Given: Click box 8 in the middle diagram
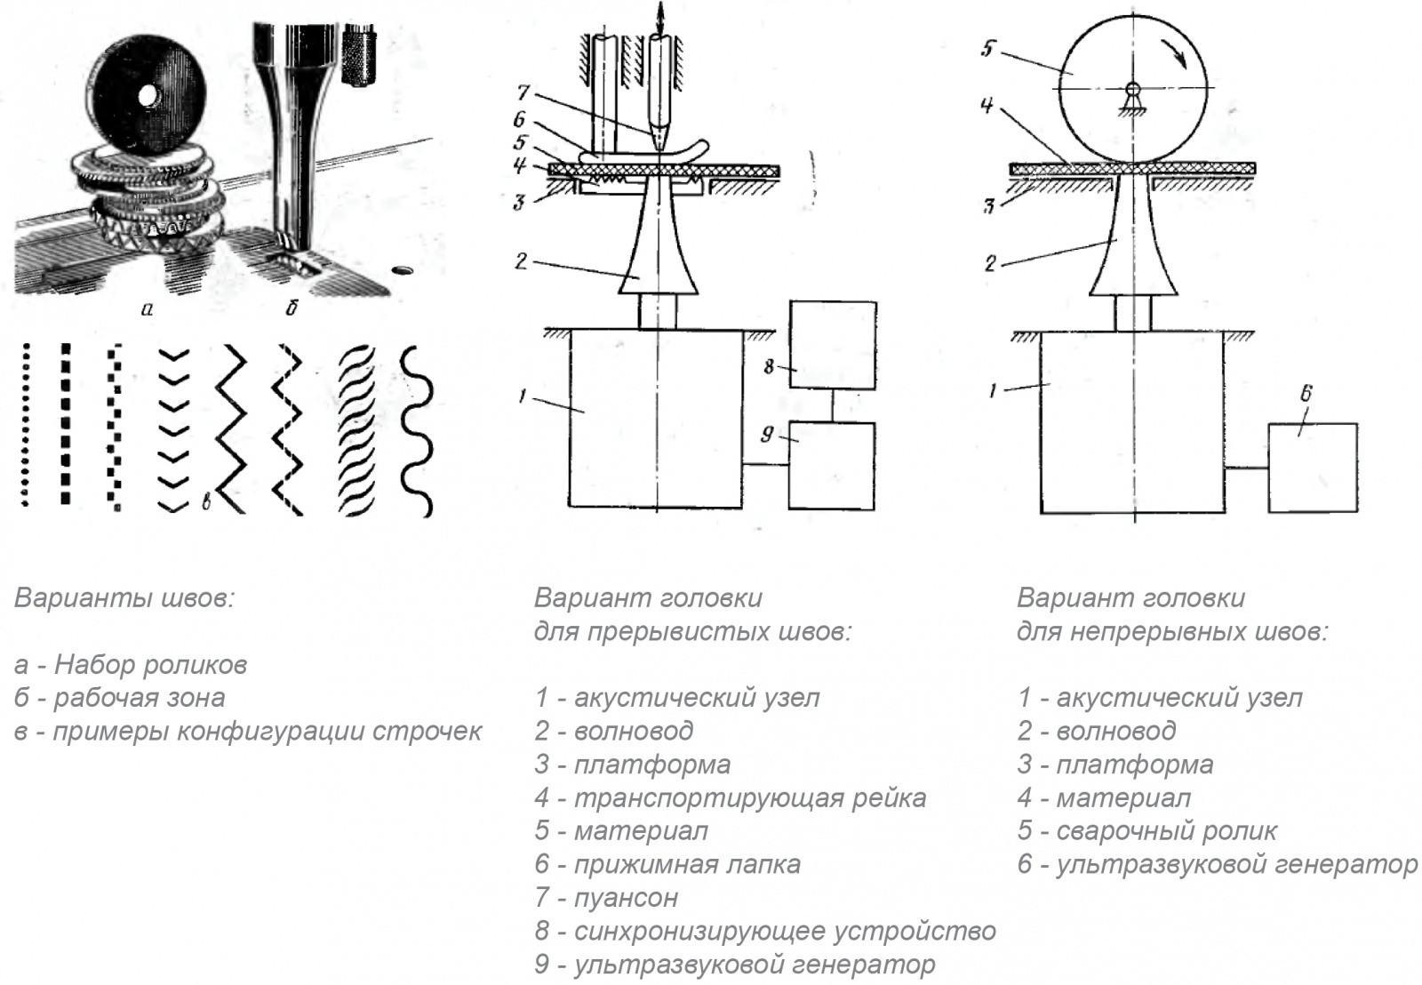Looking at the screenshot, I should click(x=833, y=345).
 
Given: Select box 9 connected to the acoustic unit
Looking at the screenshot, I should click(x=833, y=465).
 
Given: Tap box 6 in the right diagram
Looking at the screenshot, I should click(x=1313, y=468).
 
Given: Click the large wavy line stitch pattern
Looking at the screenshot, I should click(x=416, y=431).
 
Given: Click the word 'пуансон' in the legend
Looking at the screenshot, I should click(x=626, y=898).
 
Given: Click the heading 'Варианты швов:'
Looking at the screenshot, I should click(x=124, y=597).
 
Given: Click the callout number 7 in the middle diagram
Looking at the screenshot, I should click(x=523, y=92).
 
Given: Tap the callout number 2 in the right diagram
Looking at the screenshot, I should click(x=991, y=263).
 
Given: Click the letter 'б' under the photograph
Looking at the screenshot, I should click(x=291, y=308).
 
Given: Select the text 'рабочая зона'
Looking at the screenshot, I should click(x=139, y=698).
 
